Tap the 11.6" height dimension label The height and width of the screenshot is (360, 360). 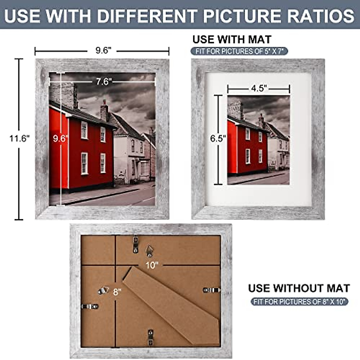[x=19, y=139]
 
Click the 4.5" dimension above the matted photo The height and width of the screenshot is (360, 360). [x=259, y=89]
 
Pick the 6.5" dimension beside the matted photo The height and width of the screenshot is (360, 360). [x=218, y=139]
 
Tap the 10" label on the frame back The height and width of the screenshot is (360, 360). [x=152, y=265]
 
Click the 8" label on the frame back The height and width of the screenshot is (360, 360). [x=117, y=292]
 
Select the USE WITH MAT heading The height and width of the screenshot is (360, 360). [x=232, y=40]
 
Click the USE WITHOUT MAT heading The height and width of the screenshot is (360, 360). [x=299, y=288]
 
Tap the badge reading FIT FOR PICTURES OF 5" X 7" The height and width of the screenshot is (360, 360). [x=239, y=51]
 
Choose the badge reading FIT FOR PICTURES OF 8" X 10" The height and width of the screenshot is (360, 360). [x=299, y=301]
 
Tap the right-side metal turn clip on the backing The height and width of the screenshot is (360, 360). [x=212, y=290]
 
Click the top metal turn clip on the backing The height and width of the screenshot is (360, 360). [x=136, y=244]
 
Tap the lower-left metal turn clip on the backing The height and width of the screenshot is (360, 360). [x=90, y=306]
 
